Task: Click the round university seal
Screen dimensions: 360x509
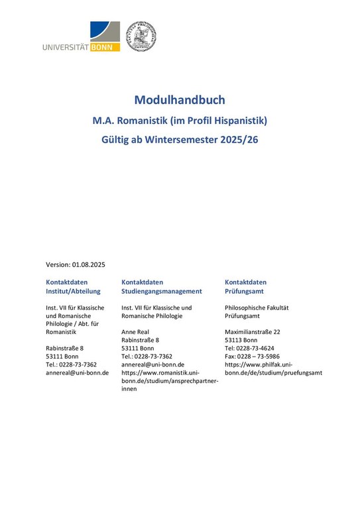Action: point(141,36)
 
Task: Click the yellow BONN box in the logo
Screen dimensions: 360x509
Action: point(106,48)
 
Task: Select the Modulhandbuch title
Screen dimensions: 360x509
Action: point(180,100)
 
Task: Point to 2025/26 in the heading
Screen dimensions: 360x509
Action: point(255,141)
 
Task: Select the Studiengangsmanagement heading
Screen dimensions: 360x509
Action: point(162,291)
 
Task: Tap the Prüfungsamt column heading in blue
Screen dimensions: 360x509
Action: point(247,291)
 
